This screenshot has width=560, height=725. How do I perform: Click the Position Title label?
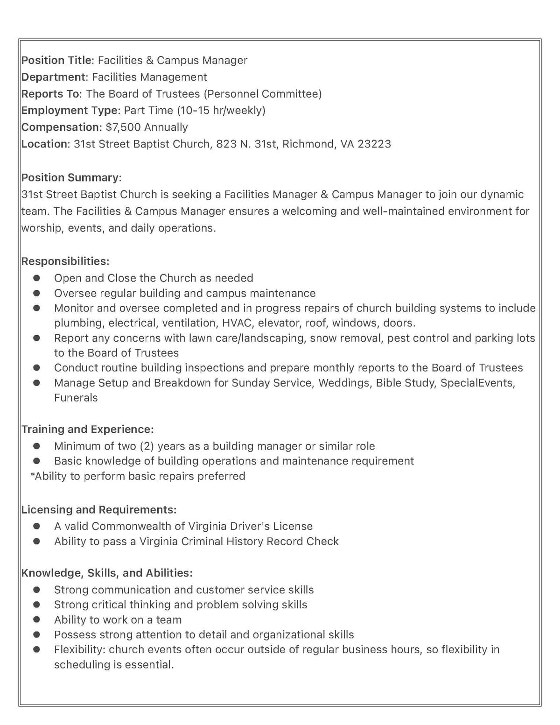point(57,60)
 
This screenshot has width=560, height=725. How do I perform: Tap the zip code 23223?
point(374,144)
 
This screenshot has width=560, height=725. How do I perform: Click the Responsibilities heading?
point(65,261)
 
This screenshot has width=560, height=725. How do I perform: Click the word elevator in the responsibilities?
point(279,323)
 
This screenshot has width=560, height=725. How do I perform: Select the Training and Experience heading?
point(87,429)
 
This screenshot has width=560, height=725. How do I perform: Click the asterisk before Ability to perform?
point(33,476)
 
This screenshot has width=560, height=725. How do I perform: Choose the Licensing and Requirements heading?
point(99,509)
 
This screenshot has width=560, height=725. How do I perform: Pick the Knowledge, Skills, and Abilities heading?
point(107,573)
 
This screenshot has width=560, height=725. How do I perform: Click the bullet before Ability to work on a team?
point(36,619)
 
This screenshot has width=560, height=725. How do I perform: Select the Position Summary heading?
point(71,177)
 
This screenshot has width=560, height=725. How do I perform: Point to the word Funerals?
point(76,398)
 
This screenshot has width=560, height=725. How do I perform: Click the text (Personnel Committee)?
point(263,94)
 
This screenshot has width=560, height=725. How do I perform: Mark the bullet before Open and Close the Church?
point(36,278)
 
